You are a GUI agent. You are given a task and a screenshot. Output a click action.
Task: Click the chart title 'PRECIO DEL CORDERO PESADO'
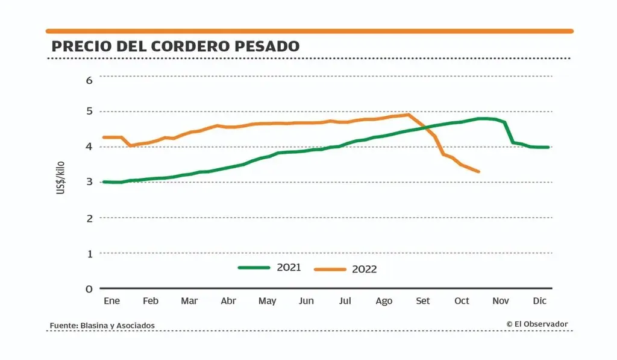(x=175, y=46)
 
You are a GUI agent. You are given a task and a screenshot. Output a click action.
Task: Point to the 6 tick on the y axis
(x=89, y=80)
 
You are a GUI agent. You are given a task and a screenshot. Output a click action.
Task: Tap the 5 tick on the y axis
(x=89, y=112)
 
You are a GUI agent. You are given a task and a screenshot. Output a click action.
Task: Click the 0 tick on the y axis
(x=89, y=289)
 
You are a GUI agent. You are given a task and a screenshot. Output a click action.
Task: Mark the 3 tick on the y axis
(x=89, y=182)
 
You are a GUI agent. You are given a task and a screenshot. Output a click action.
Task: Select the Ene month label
(x=111, y=301)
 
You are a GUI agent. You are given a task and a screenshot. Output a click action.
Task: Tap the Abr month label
(x=228, y=301)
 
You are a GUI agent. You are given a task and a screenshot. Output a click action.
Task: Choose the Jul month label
(x=345, y=301)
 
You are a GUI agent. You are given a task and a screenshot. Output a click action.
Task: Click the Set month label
(x=423, y=301)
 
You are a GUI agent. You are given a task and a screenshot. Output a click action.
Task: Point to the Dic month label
(x=539, y=301)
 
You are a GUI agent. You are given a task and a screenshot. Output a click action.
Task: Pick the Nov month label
(x=500, y=301)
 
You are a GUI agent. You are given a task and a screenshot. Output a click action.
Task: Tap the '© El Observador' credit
(x=537, y=324)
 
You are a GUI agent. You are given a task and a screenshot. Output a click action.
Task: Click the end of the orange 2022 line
(x=479, y=172)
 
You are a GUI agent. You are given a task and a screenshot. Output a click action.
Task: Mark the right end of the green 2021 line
(x=548, y=147)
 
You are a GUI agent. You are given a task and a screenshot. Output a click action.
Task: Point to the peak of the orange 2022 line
(x=409, y=114)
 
